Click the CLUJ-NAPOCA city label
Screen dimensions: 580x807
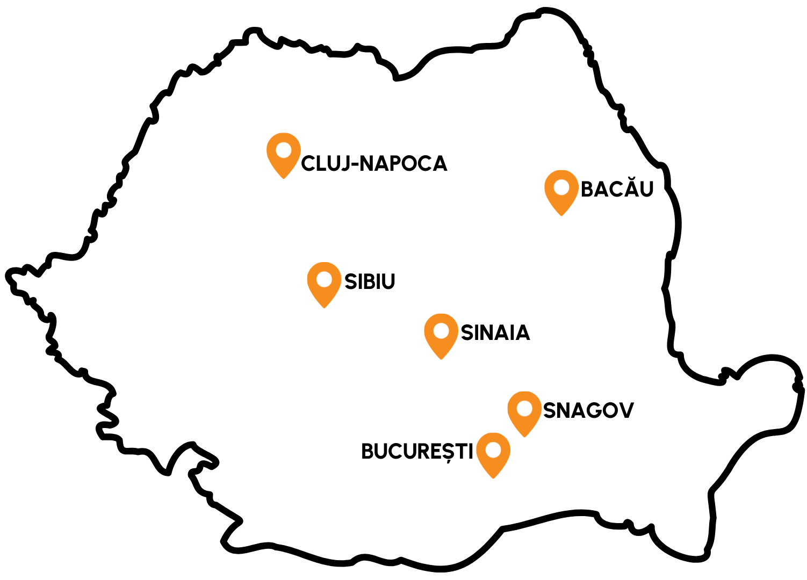tap(374, 164)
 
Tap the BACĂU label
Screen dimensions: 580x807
tap(617, 189)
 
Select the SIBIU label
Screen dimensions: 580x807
tap(370, 282)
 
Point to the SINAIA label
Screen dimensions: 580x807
tap(495, 333)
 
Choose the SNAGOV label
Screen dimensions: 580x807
tap(588, 411)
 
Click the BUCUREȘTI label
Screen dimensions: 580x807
tap(417, 452)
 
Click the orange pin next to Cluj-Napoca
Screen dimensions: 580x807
tap(283, 154)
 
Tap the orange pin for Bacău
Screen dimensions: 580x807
tap(561, 191)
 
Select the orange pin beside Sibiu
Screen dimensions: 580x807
tap(324, 283)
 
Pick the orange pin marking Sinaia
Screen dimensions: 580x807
tap(441, 334)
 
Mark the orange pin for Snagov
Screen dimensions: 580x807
tap(524, 412)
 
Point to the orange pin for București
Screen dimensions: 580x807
tap(493, 453)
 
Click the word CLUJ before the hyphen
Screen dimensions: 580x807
tap(325, 164)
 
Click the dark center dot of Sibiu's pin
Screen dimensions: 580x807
tap(324, 279)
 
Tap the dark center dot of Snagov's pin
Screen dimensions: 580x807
tap(524, 409)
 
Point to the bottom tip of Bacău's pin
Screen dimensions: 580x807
tap(561, 214)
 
